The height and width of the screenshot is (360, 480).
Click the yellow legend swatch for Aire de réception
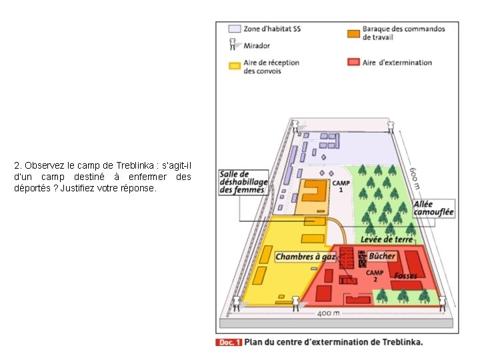[234, 65]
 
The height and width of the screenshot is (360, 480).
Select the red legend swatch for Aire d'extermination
[353, 62]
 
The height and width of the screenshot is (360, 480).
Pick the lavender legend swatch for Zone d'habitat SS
[234, 29]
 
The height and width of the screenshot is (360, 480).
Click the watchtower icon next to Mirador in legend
[233, 45]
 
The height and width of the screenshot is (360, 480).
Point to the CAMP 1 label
[341, 185]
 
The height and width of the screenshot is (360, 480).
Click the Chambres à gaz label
[305, 256]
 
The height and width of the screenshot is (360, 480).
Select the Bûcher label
[382, 255]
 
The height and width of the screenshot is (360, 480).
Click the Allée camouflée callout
[433, 208]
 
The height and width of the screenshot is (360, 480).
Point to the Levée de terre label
[387, 239]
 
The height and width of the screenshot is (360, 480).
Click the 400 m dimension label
[327, 313]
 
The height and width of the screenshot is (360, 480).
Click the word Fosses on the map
[405, 275]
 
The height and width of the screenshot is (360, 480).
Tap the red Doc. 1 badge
[228, 342]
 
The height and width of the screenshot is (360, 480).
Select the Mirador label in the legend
[257, 45]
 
